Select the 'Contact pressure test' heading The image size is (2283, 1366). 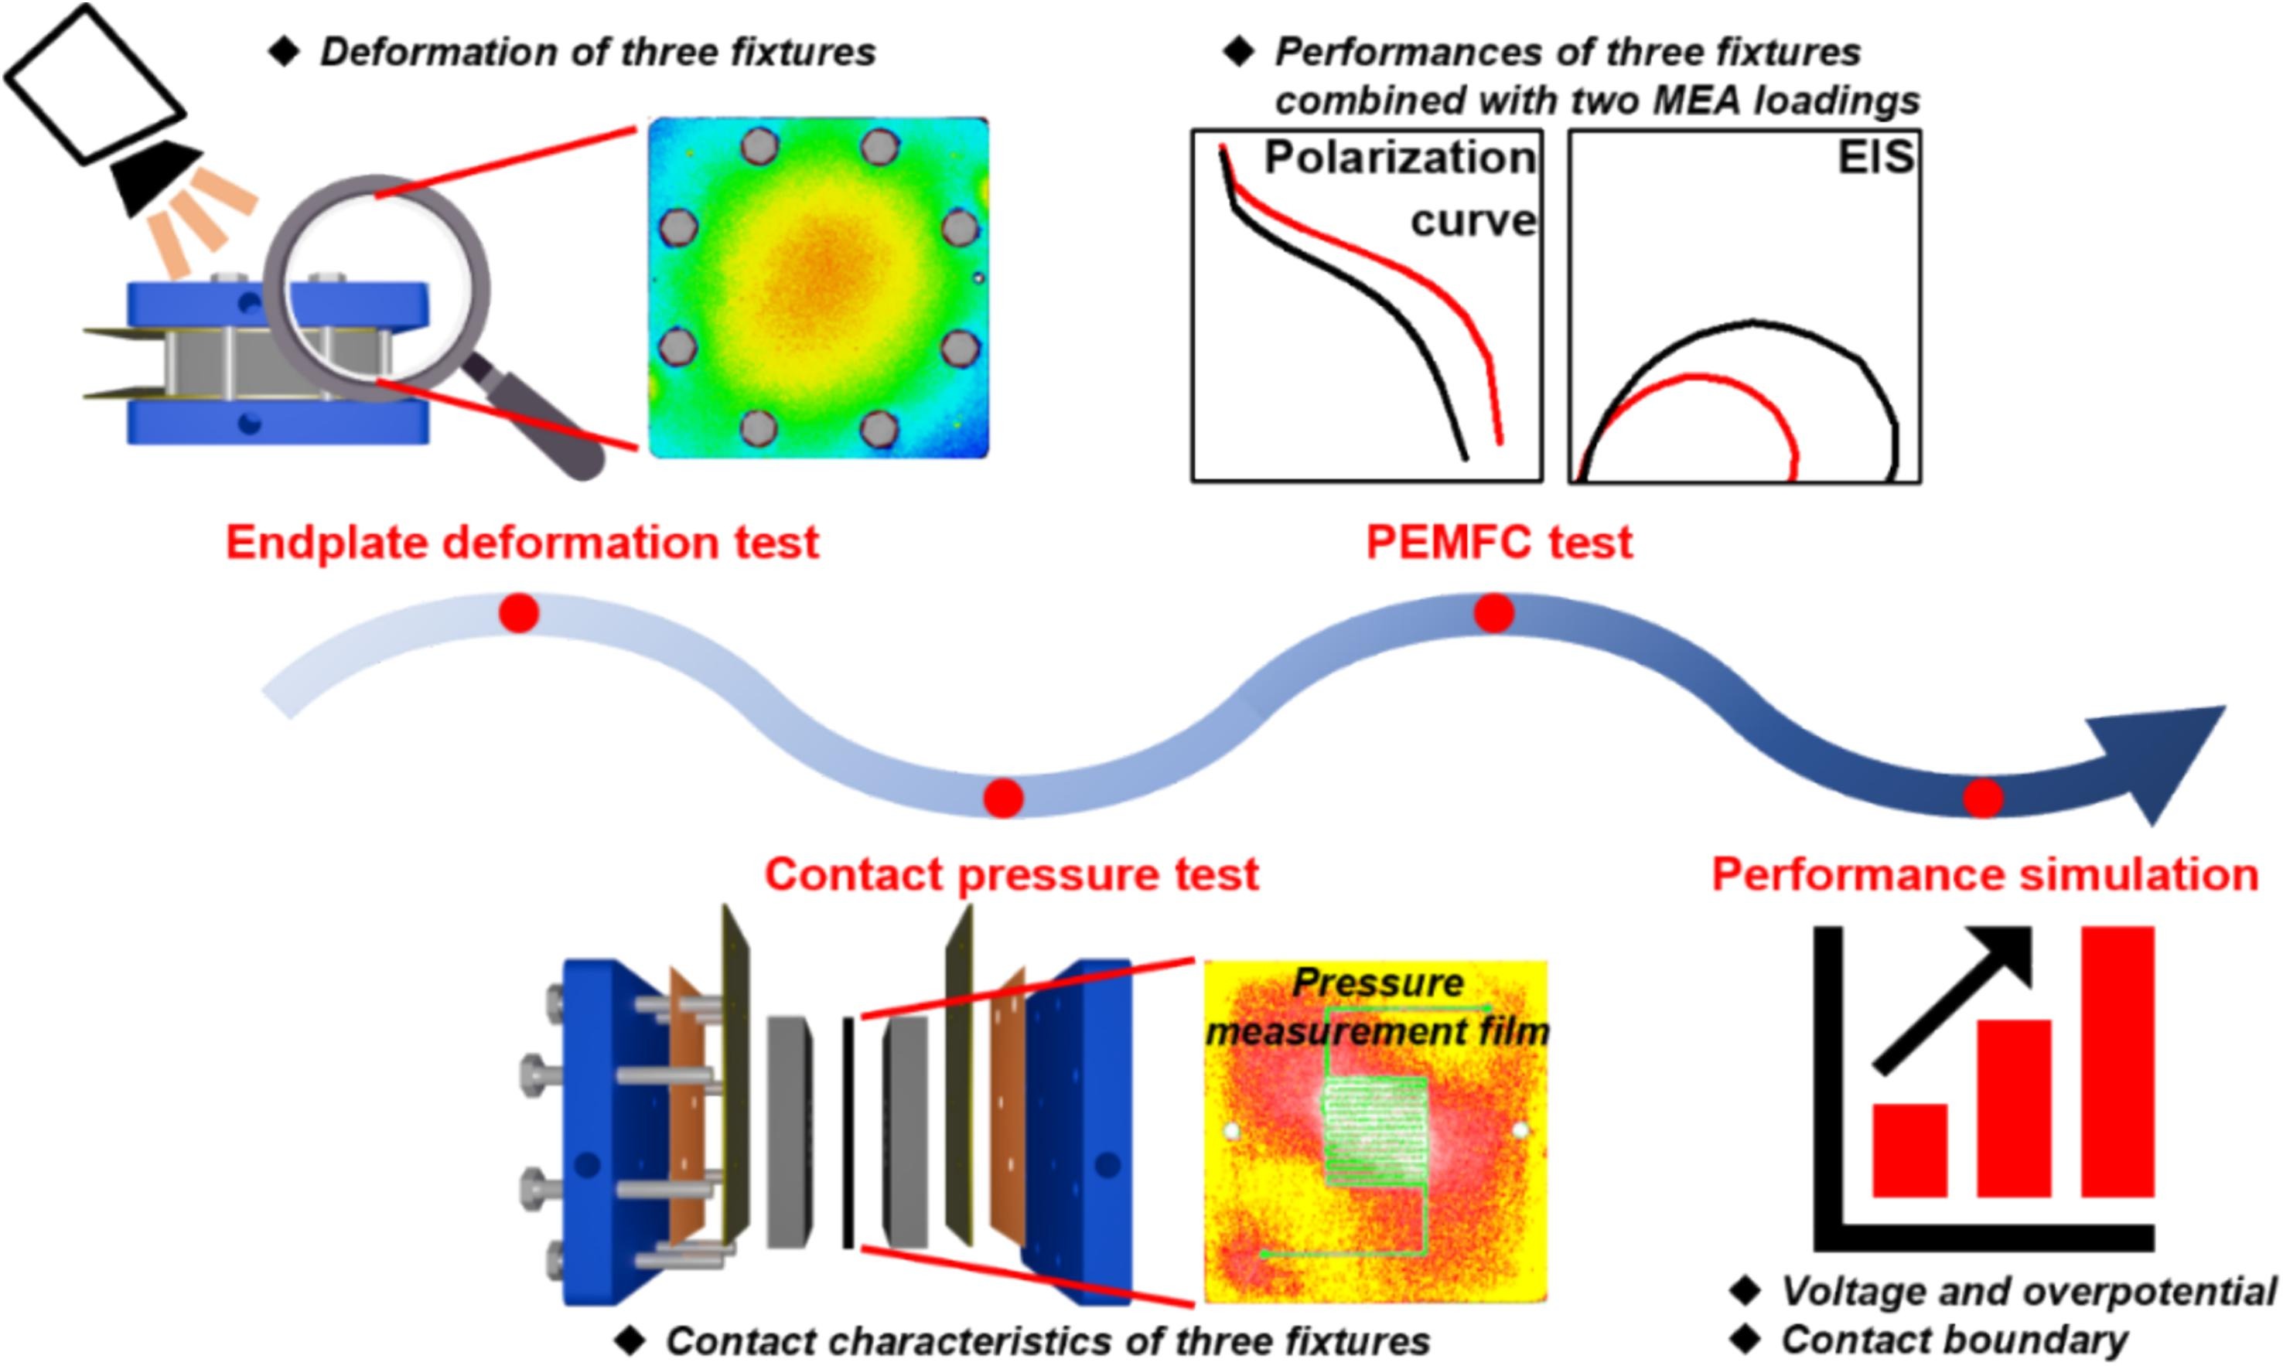coord(1011,874)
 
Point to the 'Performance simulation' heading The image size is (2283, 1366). coord(1984,874)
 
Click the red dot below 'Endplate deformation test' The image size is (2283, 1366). coord(518,613)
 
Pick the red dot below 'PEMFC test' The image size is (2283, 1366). coord(1493,613)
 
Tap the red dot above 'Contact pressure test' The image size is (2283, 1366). coord(1002,798)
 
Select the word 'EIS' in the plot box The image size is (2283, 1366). coord(1875,158)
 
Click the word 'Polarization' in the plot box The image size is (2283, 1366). coord(1399,158)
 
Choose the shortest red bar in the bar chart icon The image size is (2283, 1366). coord(1909,1150)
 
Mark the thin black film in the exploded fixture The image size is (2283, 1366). coord(848,1133)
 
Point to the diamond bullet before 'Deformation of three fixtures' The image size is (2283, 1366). coord(285,52)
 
